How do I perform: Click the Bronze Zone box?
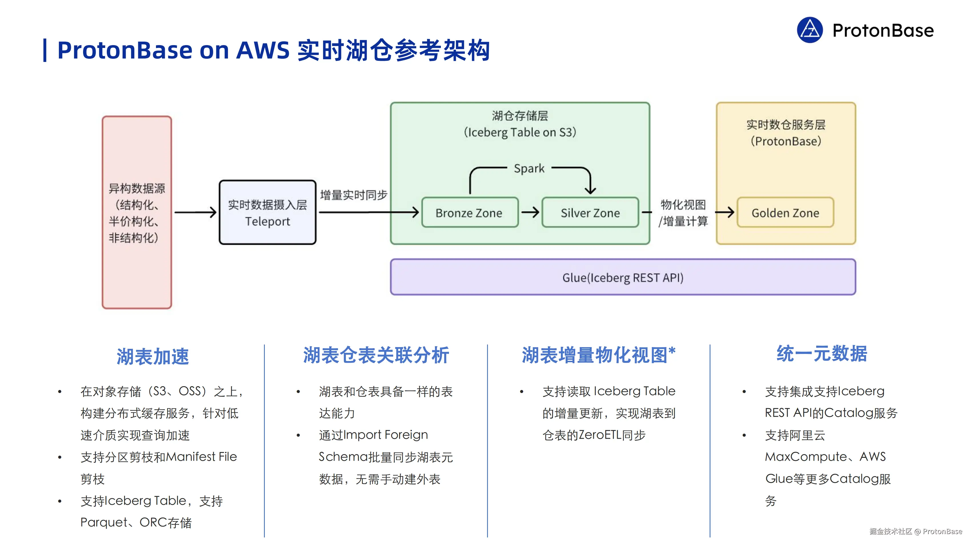pos(470,212)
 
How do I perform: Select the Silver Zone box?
pos(590,212)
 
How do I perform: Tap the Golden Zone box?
pos(785,212)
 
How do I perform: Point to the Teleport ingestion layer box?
pos(268,212)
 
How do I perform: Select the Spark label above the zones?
pos(529,168)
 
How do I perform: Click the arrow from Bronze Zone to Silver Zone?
pos(530,212)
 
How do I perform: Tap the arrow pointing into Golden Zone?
pos(724,212)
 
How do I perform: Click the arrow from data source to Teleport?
pos(195,212)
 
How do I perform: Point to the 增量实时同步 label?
pos(353,195)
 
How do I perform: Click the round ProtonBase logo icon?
pos(810,30)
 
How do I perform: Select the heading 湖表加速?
pos(153,356)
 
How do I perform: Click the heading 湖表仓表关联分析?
pos(376,355)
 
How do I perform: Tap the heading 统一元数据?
pos(822,354)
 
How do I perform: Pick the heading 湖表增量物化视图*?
pos(598,355)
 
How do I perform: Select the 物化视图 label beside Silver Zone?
pos(683,205)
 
